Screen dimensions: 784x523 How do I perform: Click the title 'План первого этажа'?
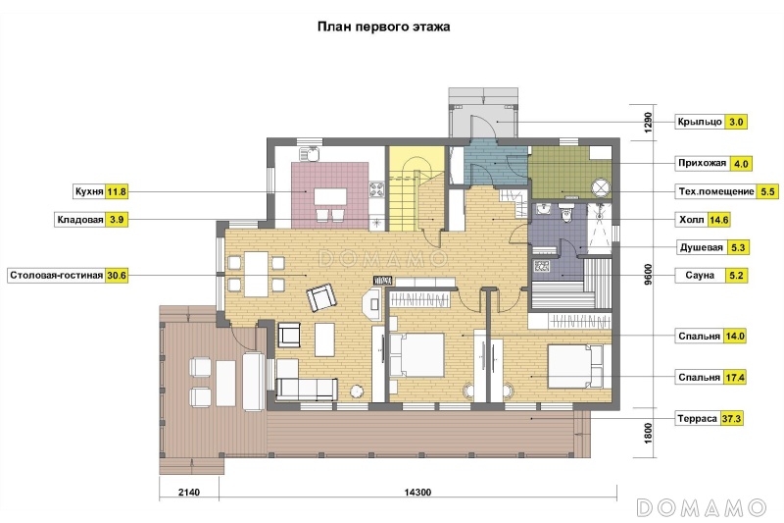point(383,26)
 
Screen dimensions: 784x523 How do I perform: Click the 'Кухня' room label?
point(89,191)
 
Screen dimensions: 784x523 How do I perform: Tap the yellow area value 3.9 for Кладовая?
point(117,220)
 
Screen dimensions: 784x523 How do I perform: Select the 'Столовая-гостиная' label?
point(56,276)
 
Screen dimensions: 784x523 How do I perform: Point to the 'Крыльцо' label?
point(700,122)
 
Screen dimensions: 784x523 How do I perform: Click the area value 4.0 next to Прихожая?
point(741,164)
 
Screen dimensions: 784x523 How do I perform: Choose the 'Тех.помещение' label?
point(716,191)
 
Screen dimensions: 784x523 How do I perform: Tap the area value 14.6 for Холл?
point(718,220)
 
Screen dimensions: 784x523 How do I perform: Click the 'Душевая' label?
point(701,247)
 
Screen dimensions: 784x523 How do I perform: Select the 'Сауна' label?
point(700,276)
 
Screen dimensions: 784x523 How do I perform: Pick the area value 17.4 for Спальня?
point(734,378)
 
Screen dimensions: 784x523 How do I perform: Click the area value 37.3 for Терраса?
point(731,418)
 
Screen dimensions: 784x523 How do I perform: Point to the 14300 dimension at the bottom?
point(417,492)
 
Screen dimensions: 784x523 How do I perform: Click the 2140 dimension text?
point(189,492)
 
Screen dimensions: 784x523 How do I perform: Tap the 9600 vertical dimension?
point(649,275)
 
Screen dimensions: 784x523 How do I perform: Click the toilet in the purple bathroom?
point(566,212)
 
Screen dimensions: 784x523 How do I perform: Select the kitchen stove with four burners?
point(376,189)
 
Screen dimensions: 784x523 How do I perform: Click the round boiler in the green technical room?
point(601,187)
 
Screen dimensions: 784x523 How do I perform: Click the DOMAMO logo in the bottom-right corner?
point(702,507)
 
